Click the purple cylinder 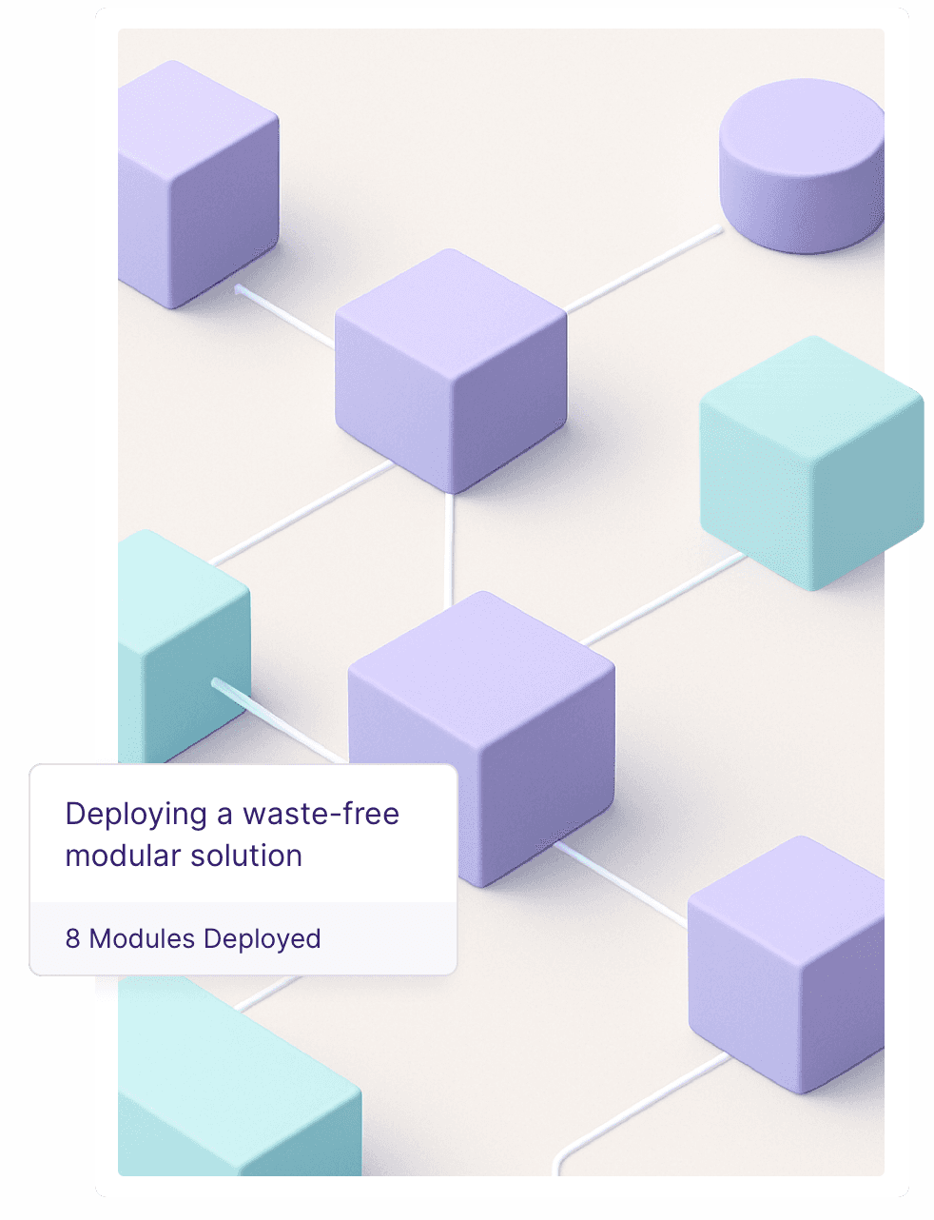click(801, 171)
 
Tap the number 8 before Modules click(72, 939)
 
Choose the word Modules click(143, 939)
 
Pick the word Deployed click(263, 939)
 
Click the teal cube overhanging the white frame click(811, 462)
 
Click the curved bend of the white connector click(561, 1151)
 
